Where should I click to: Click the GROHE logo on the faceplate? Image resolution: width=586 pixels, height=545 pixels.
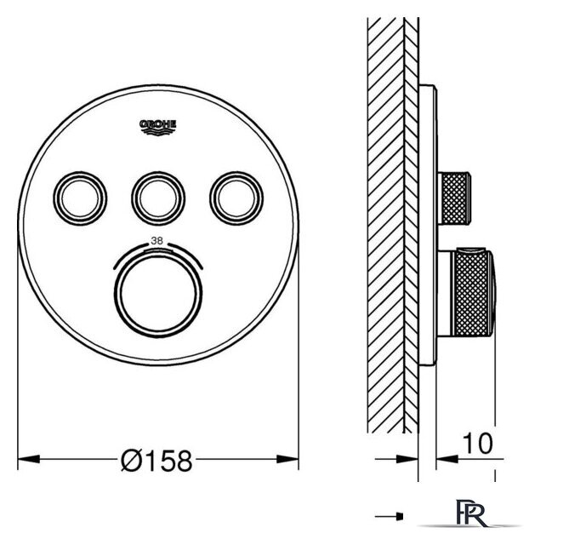(x=157, y=127)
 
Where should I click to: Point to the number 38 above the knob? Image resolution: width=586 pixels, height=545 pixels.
(x=156, y=241)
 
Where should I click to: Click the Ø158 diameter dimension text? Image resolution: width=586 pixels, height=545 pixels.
(x=156, y=461)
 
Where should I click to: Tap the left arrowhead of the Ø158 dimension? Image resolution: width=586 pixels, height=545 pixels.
(x=29, y=458)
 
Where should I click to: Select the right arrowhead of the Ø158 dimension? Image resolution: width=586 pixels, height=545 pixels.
(x=287, y=458)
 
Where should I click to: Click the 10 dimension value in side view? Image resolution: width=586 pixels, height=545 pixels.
(x=478, y=443)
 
